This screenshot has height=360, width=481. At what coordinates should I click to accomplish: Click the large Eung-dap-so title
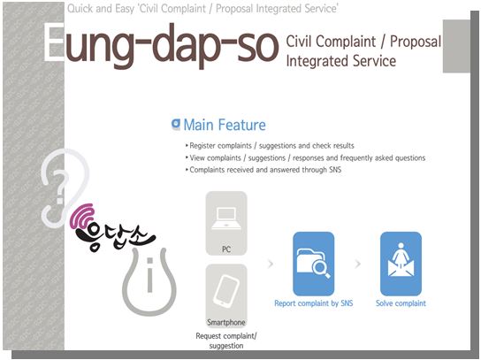point(161,45)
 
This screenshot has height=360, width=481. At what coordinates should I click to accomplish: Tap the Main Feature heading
point(225,125)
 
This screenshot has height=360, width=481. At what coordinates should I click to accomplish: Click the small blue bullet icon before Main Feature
point(176,125)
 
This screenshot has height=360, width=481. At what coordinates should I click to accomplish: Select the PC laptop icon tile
point(226,223)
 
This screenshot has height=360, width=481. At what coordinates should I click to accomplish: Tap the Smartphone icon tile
point(226,295)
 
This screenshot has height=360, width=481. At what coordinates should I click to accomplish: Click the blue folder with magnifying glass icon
point(314,264)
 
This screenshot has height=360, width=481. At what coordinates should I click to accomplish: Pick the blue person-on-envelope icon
point(401,264)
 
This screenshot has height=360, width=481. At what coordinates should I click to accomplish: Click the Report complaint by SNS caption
point(314,303)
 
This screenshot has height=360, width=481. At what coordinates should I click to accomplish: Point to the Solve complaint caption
point(401,303)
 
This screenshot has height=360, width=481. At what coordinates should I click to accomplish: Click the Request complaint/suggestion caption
point(226,341)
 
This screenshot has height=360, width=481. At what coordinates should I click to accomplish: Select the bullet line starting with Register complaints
point(270,145)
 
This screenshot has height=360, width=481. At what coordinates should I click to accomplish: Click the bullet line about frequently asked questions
point(306,157)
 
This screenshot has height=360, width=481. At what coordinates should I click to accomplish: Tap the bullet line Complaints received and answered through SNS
point(263,170)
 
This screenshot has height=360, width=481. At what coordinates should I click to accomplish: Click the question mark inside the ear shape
point(61,188)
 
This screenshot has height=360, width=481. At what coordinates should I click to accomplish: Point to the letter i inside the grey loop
point(149,275)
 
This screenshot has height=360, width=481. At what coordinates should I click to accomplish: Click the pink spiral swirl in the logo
point(81,217)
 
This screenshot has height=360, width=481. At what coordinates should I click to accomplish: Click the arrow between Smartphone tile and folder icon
point(271,264)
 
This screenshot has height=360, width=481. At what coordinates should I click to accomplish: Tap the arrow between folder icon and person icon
point(358,264)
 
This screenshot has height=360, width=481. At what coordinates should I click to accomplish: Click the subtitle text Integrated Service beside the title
point(340,61)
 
